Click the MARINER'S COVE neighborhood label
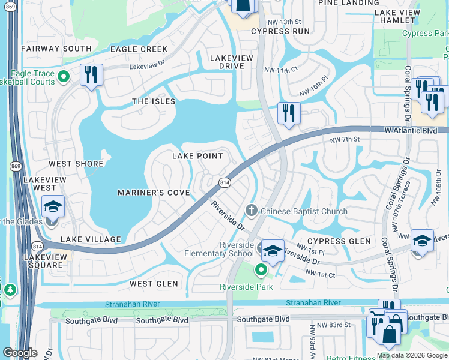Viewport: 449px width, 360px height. click(153, 193)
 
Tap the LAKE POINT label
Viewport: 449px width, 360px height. click(197, 156)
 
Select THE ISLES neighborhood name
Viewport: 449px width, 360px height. click(154, 101)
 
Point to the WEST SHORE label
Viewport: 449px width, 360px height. click(76, 164)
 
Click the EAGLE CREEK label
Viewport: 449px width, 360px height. click(139, 49)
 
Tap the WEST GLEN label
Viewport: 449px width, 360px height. click(154, 283)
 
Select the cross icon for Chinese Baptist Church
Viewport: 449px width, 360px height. click(251, 211)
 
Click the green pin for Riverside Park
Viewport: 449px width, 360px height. click(261, 271)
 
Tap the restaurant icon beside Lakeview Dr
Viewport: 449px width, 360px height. click(91, 75)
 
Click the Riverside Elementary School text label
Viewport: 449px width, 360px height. click(228, 249)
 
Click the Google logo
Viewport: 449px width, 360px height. click(20, 353)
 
